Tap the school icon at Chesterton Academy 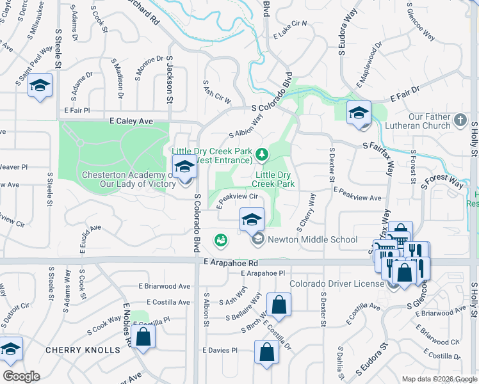pyautogui.click(x=184, y=168)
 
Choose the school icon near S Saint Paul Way pyautogui.click(x=40, y=86)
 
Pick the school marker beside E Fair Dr pyautogui.click(x=359, y=113)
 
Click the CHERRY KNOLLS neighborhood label pyautogui.click(x=83, y=350)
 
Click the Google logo pyautogui.click(x=21, y=376)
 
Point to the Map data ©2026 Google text pyautogui.click(x=439, y=379)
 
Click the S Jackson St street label pyautogui.click(x=170, y=80)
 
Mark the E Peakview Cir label pyautogui.click(x=236, y=200)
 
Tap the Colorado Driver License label pyautogui.click(x=340, y=284)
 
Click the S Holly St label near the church pyautogui.click(x=475, y=138)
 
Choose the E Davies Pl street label pyautogui.click(x=220, y=351)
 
